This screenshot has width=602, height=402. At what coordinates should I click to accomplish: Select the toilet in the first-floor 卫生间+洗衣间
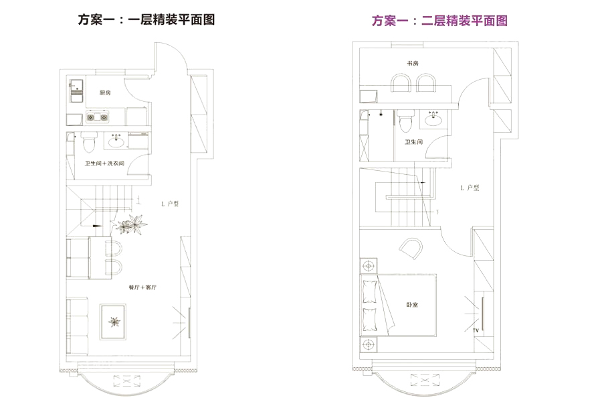(88, 142)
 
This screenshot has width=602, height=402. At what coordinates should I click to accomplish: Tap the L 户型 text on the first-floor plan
(170, 203)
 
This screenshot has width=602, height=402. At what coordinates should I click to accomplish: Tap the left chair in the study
(401, 83)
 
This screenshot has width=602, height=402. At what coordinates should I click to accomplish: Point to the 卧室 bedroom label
(412, 305)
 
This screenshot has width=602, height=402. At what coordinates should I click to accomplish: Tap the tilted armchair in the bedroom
(409, 251)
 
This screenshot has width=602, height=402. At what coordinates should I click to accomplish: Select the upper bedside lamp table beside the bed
(367, 266)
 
